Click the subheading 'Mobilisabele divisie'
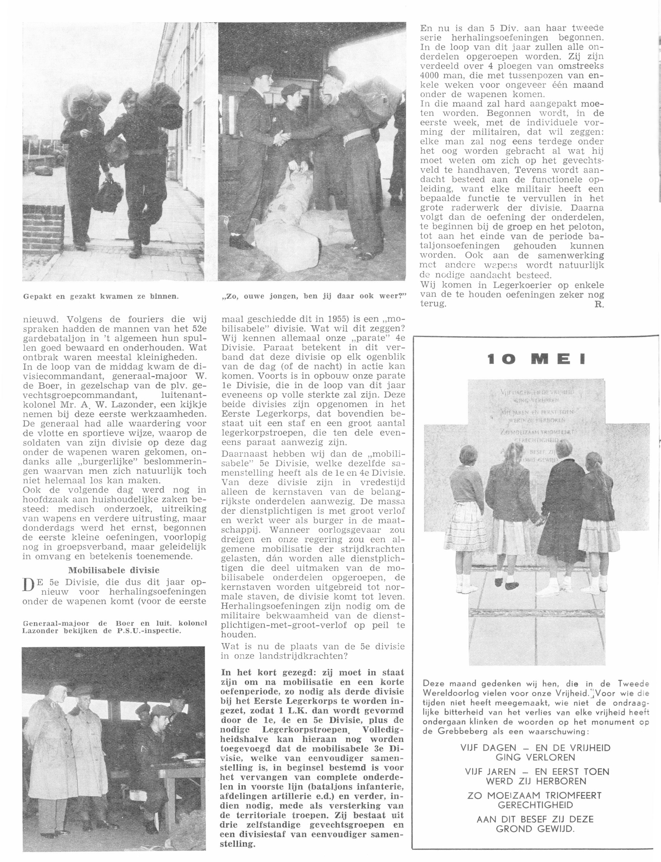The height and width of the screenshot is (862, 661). click(x=114, y=570)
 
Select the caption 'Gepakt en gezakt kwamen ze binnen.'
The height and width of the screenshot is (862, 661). click(x=101, y=296)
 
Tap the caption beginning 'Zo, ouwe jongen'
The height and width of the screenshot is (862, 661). click(x=312, y=296)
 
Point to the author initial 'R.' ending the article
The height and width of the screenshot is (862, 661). click(x=600, y=304)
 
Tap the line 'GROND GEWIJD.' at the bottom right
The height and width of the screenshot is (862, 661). click(x=535, y=829)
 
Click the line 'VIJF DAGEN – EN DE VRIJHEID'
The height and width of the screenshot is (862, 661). click(x=535, y=748)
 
